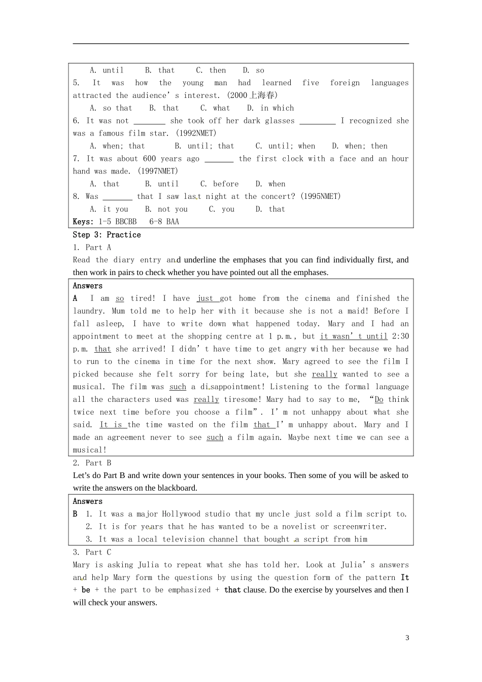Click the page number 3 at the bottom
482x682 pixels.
[x=407, y=638]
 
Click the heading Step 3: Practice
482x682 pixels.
[x=107, y=235]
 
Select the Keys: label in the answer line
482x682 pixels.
[x=83, y=222]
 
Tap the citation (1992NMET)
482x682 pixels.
[x=196, y=133]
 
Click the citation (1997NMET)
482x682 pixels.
[x=158, y=172]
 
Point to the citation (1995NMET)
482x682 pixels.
[x=320, y=196]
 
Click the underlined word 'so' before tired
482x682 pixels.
[x=120, y=298]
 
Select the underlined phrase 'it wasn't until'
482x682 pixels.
[x=354, y=336]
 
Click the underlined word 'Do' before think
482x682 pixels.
[x=379, y=400]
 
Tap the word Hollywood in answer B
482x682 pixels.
[x=181, y=514]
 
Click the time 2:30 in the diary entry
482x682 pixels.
[x=400, y=336]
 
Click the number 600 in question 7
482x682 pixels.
[x=150, y=159]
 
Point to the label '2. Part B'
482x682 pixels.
[x=92, y=463]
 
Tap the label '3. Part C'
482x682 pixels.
[x=92, y=552]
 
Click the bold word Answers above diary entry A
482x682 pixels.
[x=87, y=286]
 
